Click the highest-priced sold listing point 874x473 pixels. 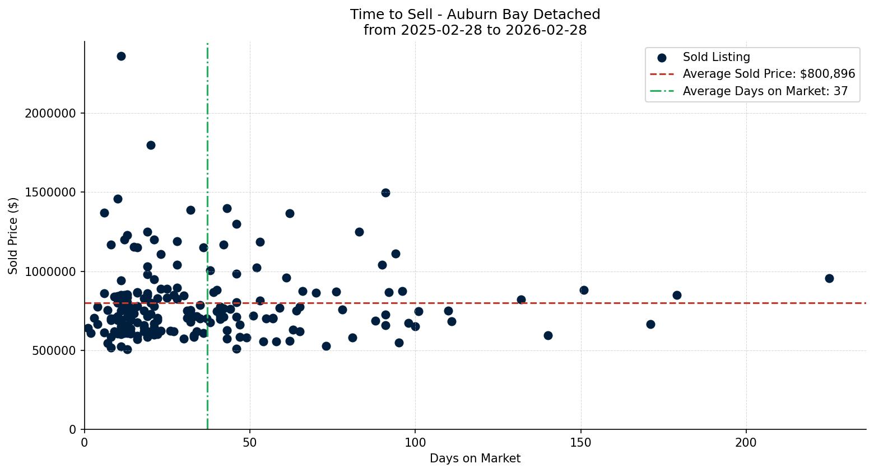121,56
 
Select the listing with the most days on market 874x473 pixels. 829,278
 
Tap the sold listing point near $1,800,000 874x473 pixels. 151,145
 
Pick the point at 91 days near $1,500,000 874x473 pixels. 385,193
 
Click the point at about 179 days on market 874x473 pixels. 677,295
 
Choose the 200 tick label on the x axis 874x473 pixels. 746,443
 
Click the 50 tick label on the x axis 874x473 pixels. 250,443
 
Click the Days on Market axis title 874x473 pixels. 475,459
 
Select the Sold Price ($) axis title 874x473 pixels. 13,236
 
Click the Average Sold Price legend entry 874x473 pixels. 769,74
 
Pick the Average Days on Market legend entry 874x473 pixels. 765,91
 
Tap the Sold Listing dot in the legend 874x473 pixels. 662,57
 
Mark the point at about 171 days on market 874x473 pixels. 650,324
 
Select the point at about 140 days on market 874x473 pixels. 548,335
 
